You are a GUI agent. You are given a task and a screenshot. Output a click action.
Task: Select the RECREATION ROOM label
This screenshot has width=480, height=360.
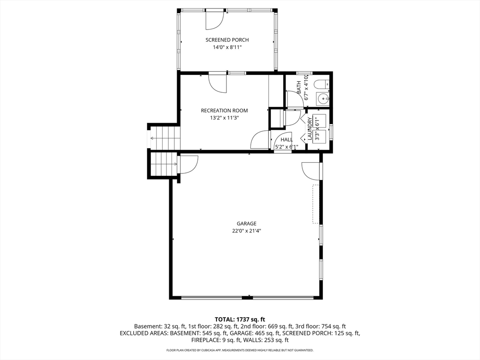(x=225, y=111)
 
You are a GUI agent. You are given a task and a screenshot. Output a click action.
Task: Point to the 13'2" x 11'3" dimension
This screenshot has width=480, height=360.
(x=225, y=118)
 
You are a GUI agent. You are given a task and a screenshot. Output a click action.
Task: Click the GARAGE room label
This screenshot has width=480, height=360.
(x=247, y=224)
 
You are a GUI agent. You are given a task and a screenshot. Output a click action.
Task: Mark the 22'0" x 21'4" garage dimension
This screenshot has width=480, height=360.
(x=247, y=231)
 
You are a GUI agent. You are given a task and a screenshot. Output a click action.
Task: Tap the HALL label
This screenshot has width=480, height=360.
(x=286, y=140)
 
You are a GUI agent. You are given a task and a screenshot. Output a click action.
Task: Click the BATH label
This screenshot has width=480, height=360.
(x=299, y=87)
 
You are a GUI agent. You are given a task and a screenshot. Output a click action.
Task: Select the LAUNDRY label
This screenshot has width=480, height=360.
(x=309, y=128)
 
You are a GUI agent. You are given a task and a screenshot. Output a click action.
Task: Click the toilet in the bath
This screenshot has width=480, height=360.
(x=322, y=84)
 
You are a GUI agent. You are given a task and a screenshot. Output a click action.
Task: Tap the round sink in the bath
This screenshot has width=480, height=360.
(x=322, y=98)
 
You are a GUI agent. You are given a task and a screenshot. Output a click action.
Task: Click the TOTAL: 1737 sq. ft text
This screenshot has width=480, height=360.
(x=240, y=320)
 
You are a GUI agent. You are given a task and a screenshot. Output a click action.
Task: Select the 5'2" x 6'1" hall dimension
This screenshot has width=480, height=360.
(x=286, y=147)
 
